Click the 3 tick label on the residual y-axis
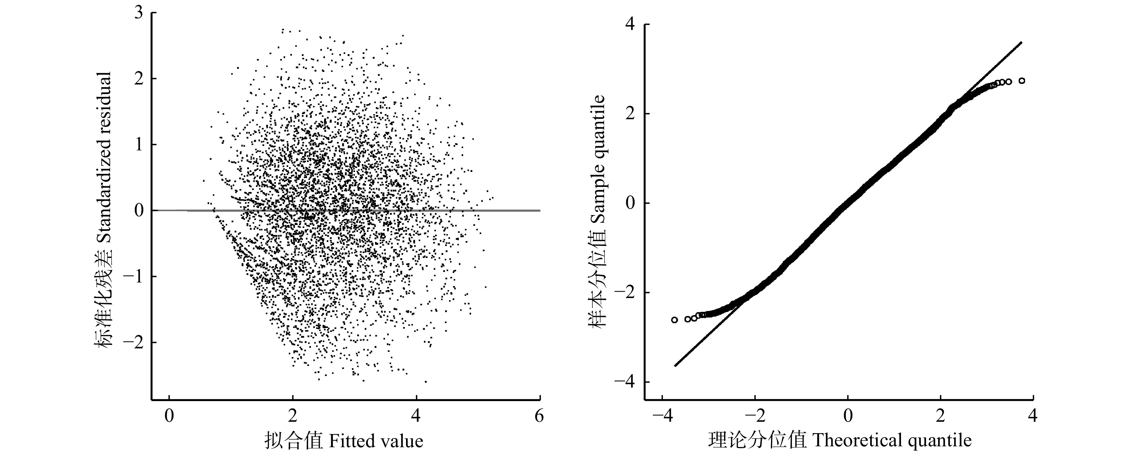click(x=139, y=13)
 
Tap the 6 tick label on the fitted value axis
click(x=539, y=415)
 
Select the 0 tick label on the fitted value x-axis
click(x=169, y=415)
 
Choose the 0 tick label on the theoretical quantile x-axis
click(x=848, y=415)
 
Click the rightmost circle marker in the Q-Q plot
click(x=1022, y=81)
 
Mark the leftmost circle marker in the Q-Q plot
click(x=674, y=320)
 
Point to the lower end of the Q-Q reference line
click(x=675, y=365)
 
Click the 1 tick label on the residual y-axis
click(x=139, y=145)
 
